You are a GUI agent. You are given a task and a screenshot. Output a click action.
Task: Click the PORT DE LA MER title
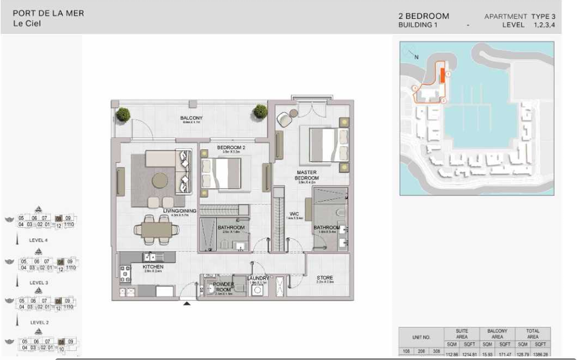pyautogui.click(x=48, y=13)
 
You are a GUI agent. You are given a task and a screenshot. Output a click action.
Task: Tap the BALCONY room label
pyautogui.click(x=191, y=118)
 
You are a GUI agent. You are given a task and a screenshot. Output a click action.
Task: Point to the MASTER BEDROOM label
pyautogui.click(x=307, y=175)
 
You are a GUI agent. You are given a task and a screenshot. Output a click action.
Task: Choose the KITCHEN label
pyautogui.click(x=152, y=267)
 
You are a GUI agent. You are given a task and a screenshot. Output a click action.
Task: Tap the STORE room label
pyautogui.click(x=324, y=278)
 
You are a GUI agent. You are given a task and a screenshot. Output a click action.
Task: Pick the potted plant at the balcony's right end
pyautogui.click(x=261, y=111)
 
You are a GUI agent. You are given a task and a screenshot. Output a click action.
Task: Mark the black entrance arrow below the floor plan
pyautogui.click(x=187, y=303)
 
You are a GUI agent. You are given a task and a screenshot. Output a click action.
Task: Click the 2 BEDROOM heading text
pyautogui.click(x=423, y=16)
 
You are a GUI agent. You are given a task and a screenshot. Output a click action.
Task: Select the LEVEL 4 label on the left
pyautogui.click(x=38, y=240)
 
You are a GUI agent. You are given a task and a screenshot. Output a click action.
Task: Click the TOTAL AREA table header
pyautogui.click(x=532, y=334)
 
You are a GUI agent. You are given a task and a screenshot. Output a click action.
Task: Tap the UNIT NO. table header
pyautogui.click(x=422, y=337)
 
